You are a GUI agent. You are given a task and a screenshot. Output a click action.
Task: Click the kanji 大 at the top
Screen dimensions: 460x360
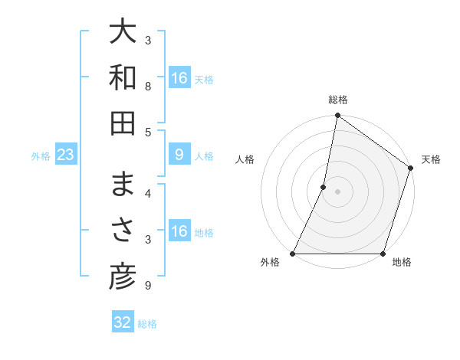click(x=123, y=32)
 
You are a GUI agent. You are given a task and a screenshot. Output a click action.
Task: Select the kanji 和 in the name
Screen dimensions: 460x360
click(x=123, y=77)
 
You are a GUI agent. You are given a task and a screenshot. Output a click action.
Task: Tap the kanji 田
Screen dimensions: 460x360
click(x=123, y=123)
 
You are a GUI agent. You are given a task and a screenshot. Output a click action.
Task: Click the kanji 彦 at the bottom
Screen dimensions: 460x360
click(x=123, y=277)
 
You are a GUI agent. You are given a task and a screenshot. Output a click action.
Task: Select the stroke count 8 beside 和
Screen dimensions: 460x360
click(x=148, y=87)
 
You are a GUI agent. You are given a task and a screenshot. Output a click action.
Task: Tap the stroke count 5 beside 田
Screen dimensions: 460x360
click(x=148, y=133)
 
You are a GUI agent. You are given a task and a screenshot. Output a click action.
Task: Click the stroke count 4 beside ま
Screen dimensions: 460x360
click(x=148, y=193)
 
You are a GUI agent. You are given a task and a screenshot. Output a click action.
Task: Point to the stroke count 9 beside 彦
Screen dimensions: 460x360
click(x=148, y=286)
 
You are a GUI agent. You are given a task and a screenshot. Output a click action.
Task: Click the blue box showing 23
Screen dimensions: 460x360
click(x=66, y=155)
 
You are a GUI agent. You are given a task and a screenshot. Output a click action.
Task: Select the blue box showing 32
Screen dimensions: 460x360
click(x=123, y=322)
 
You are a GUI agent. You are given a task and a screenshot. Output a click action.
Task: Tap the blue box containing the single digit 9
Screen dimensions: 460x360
click(x=179, y=155)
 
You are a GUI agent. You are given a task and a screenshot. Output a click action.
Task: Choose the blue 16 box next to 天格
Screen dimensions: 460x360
click(x=179, y=78)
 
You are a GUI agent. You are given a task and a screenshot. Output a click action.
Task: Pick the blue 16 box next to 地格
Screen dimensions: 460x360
click(x=179, y=232)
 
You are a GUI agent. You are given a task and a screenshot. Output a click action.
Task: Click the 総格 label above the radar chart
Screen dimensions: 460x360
click(x=338, y=100)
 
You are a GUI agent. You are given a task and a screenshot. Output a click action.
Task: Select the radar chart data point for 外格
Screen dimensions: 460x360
click(x=293, y=254)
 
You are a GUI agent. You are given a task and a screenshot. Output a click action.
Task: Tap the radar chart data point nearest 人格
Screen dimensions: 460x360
click(x=324, y=187)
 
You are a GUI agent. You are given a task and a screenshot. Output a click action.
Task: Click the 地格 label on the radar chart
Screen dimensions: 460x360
click(x=402, y=263)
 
